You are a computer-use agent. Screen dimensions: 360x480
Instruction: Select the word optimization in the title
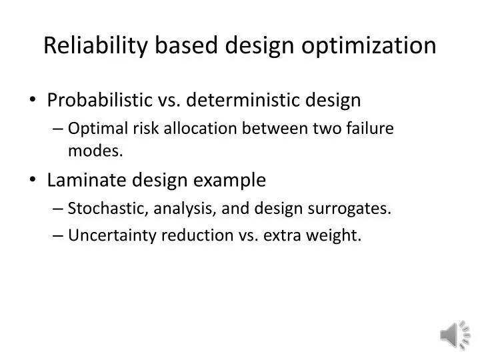click(x=369, y=46)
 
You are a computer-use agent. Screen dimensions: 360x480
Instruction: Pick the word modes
click(x=95, y=151)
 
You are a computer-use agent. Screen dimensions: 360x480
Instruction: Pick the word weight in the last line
click(x=337, y=236)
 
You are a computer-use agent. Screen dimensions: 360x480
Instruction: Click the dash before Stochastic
click(x=59, y=209)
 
